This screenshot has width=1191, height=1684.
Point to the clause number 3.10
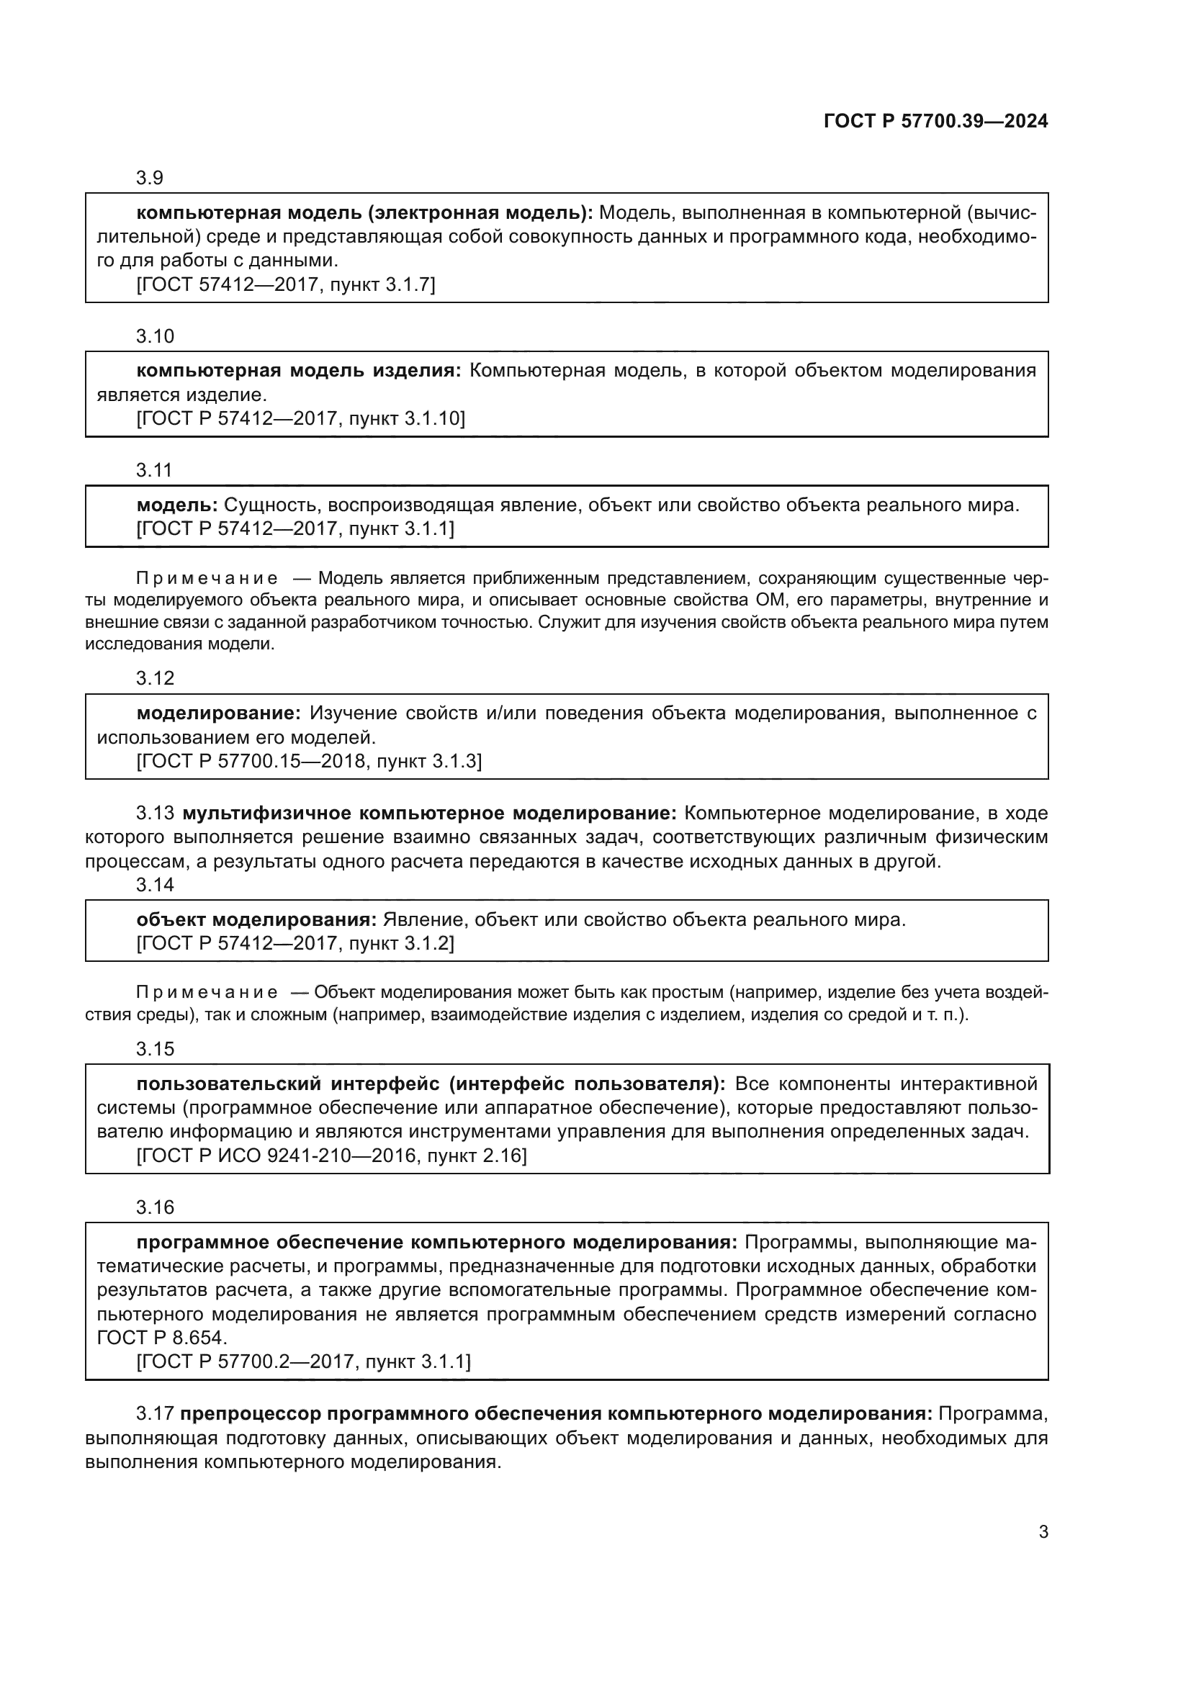coord(155,337)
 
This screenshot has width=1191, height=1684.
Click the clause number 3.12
coord(155,678)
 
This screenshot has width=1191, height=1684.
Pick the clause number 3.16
coord(155,1207)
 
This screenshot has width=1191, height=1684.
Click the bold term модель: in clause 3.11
coord(176,505)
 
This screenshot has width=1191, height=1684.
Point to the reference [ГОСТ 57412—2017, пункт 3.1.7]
coord(285,284)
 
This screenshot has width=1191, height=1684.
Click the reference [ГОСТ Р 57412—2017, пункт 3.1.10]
coord(301,419)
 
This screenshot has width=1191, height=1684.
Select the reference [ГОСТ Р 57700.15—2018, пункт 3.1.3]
coord(309,761)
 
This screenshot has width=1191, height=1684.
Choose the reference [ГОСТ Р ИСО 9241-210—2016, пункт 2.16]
coord(331,1156)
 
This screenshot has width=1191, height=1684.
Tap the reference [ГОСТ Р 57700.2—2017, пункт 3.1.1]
coord(303,1362)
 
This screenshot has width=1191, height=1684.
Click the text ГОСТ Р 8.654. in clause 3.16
coord(161,1338)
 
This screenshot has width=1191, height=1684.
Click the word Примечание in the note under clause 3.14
coord(207,993)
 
